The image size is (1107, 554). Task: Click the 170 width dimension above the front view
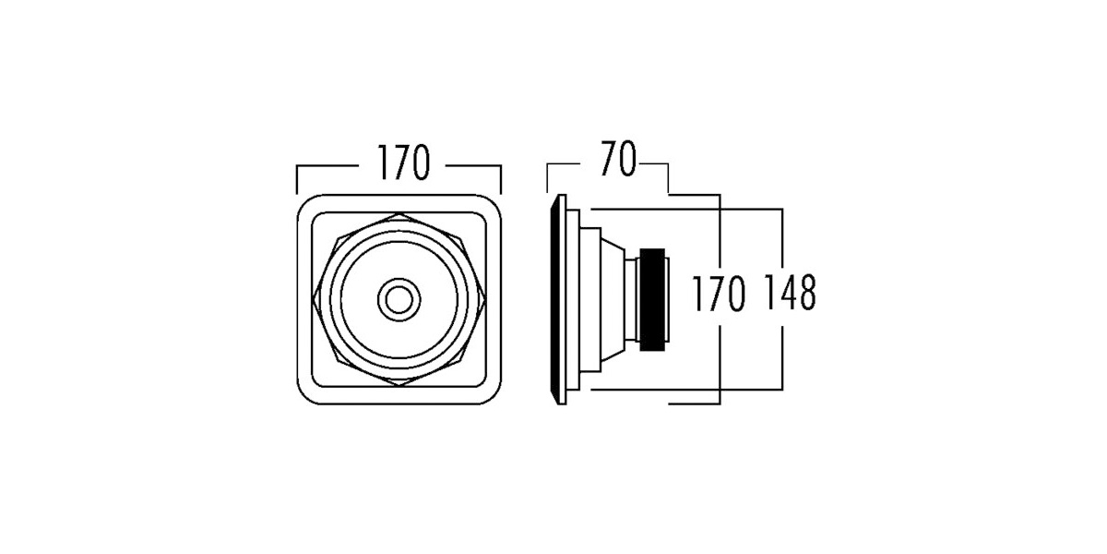click(x=404, y=163)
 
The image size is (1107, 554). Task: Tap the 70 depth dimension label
click(x=618, y=159)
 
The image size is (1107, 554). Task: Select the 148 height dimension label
click(x=790, y=293)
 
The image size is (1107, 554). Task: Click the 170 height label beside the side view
click(x=719, y=294)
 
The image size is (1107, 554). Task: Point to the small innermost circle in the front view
click(x=399, y=299)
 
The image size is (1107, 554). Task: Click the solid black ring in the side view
click(x=652, y=300)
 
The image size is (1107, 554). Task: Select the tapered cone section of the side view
click(x=613, y=300)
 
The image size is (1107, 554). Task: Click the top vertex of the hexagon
click(x=399, y=213)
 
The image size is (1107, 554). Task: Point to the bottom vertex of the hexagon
click(x=399, y=385)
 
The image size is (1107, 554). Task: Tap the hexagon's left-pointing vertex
click(x=314, y=299)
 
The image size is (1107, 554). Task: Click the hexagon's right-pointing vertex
click(x=485, y=299)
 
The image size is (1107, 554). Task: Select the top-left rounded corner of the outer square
click(x=304, y=202)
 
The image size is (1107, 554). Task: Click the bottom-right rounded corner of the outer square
click(x=494, y=397)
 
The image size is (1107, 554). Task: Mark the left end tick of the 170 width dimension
click(x=297, y=179)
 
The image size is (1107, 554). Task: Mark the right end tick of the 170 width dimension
click(x=501, y=179)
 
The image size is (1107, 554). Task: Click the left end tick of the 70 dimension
click(x=547, y=178)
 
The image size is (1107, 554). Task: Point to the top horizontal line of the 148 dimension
click(x=686, y=210)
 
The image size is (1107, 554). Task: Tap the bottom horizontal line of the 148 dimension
click(x=686, y=390)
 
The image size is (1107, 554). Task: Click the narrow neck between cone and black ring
click(x=632, y=300)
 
